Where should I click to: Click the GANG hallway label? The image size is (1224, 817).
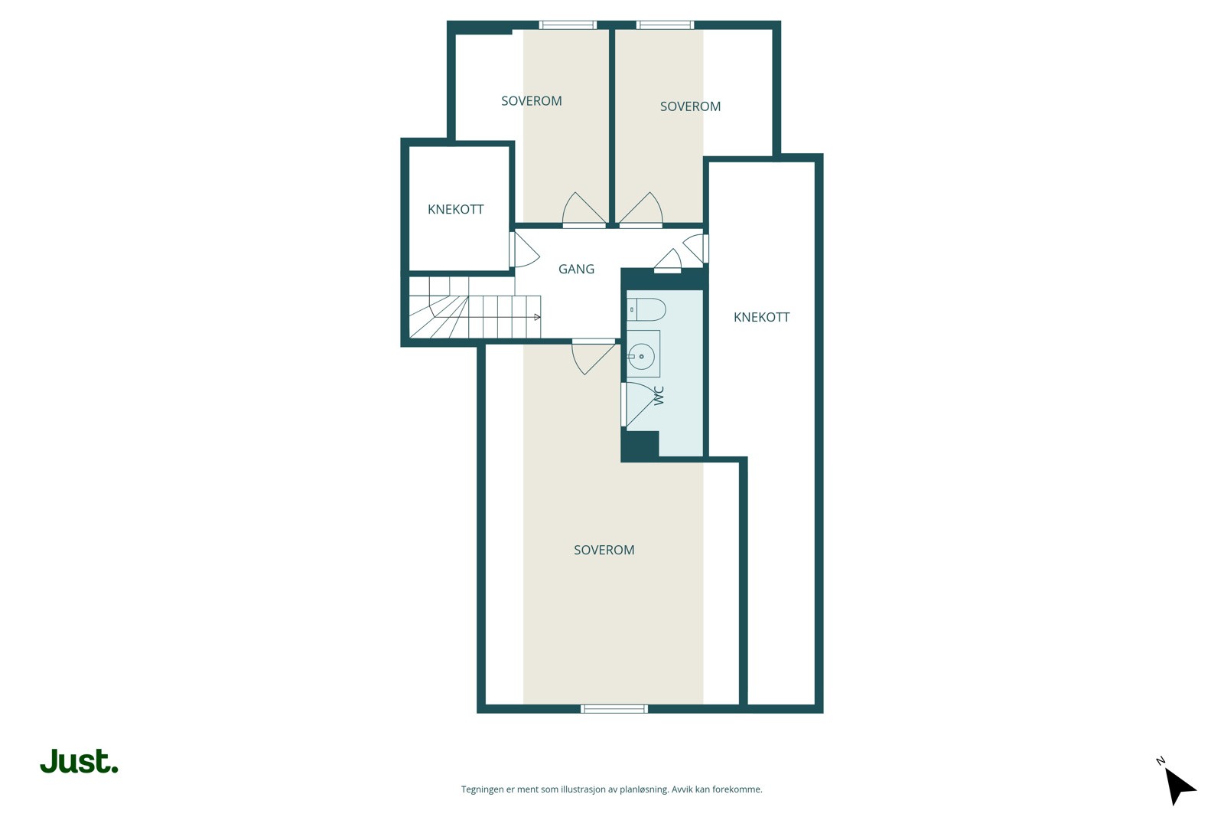(x=576, y=269)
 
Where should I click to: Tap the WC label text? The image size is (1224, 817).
(x=659, y=395)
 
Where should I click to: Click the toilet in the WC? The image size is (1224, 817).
(x=646, y=309)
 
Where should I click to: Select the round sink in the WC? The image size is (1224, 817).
(x=642, y=356)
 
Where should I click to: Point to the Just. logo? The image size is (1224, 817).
(x=79, y=761)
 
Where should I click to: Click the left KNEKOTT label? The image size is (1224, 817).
(x=455, y=209)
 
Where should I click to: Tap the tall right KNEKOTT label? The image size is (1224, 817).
(x=761, y=317)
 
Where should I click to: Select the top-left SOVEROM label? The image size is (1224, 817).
(x=531, y=101)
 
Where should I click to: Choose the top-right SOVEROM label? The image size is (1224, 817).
(x=690, y=106)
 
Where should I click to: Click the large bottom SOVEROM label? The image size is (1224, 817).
(x=604, y=550)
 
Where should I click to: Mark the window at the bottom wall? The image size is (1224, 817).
(x=614, y=709)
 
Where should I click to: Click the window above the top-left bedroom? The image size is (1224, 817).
(x=568, y=25)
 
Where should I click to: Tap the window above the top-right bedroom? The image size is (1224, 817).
(x=666, y=25)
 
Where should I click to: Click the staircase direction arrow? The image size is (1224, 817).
(x=537, y=317)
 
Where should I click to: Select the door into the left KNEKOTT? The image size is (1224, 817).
(x=523, y=250)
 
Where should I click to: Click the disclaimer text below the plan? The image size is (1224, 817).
(x=611, y=789)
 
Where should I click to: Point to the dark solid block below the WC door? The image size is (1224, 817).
(x=640, y=446)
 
